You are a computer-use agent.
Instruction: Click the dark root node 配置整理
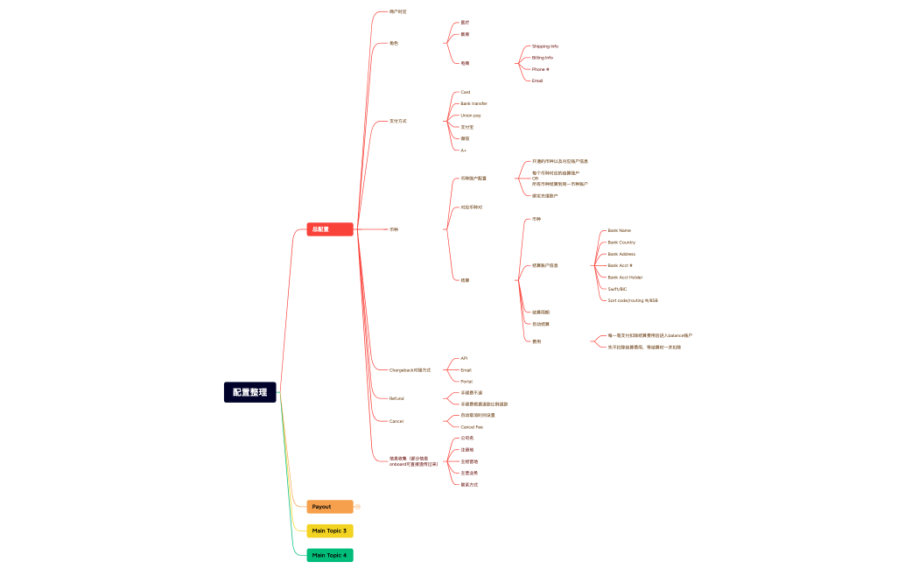point(250,392)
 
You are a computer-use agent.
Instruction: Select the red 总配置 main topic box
point(330,229)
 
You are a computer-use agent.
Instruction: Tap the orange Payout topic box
point(330,507)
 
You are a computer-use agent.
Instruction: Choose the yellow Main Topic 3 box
point(330,530)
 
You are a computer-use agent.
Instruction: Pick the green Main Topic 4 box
point(330,555)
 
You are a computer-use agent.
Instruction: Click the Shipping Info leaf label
point(545,46)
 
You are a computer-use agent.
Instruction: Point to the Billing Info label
point(543,58)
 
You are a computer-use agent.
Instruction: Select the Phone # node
point(540,69)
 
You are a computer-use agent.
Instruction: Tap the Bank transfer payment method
point(474,103)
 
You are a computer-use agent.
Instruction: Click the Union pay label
point(471,116)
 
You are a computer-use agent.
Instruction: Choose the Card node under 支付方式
point(466,92)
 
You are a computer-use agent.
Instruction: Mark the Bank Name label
point(620,230)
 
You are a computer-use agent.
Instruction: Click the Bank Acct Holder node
point(625,277)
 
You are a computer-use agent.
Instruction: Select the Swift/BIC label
point(617,289)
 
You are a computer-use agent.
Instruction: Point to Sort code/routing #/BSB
point(633,300)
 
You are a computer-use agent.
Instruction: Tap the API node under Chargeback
point(464,358)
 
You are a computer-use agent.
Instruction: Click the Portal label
point(467,382)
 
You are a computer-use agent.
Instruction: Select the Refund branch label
point(396,398)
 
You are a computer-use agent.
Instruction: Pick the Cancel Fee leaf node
point(472,427)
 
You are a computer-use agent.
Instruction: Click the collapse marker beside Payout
point(358,507)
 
